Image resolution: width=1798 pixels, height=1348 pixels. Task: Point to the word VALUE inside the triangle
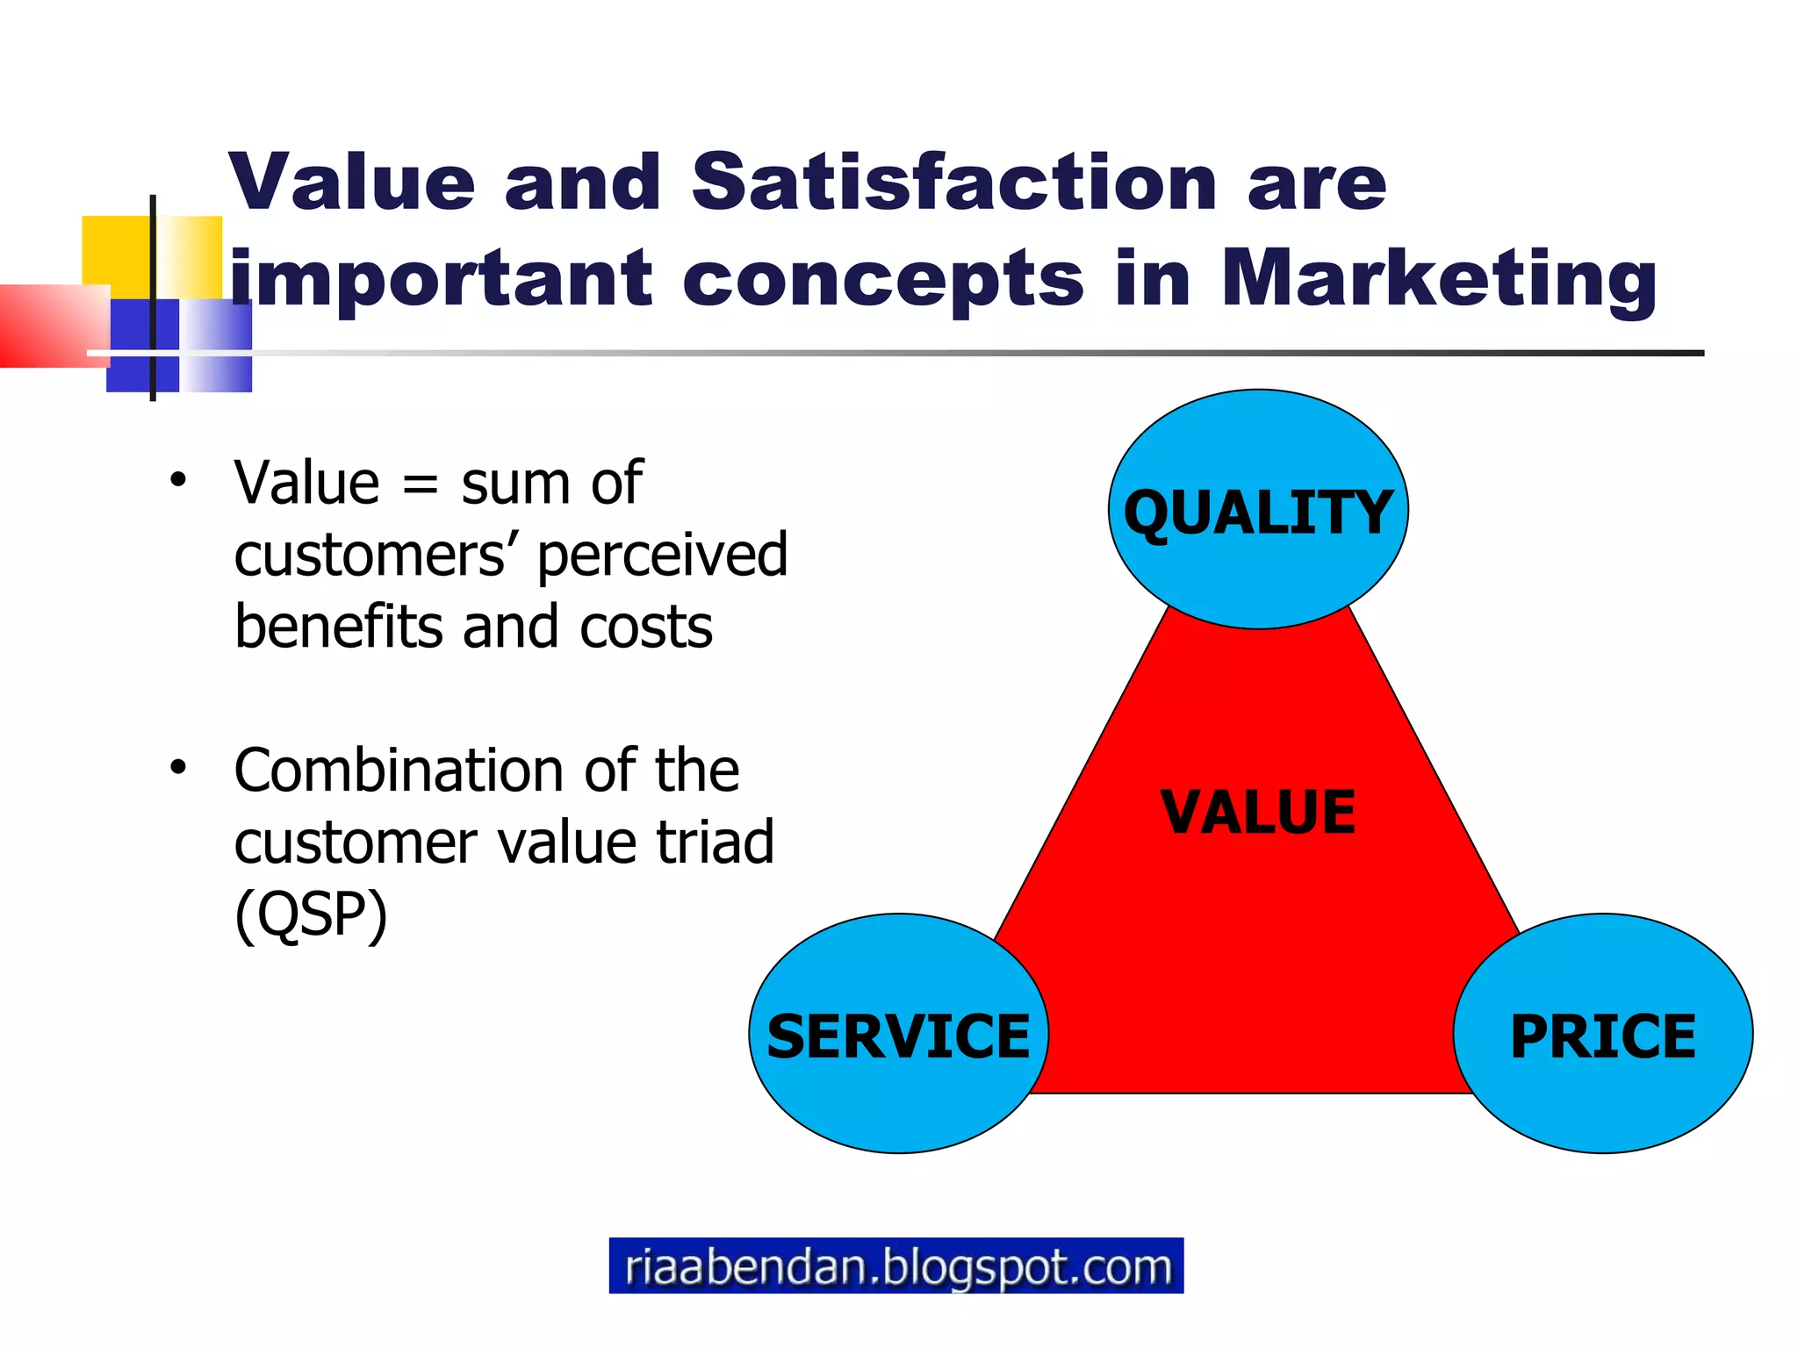[x=1258, y=812]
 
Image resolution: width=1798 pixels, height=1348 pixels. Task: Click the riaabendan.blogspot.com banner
[x=896, y=1266]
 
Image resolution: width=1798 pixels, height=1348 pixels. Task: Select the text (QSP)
[x=311, y=914]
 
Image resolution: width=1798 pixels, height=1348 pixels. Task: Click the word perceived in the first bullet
[x=662, y=556]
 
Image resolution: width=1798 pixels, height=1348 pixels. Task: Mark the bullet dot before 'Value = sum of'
[x=178, y=481]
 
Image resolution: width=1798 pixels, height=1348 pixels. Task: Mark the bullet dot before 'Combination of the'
[x=178, y=768]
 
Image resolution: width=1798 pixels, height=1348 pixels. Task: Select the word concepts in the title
[x=883, y=281]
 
